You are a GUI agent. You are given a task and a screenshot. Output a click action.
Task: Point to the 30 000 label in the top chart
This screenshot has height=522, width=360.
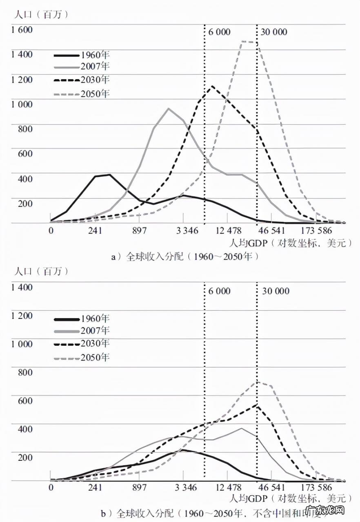(273, 32)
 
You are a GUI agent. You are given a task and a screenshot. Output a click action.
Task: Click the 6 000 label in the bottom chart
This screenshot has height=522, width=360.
(219, 291)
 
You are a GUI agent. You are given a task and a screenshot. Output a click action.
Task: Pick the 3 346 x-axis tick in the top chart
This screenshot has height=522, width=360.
(187, 231)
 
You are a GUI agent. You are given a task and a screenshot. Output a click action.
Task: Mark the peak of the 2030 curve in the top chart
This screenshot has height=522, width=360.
(212, 86)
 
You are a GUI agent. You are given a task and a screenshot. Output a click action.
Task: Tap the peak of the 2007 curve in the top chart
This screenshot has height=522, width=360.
(168, 108)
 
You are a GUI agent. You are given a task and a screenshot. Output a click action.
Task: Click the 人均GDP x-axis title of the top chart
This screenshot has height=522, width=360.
(290, 243)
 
